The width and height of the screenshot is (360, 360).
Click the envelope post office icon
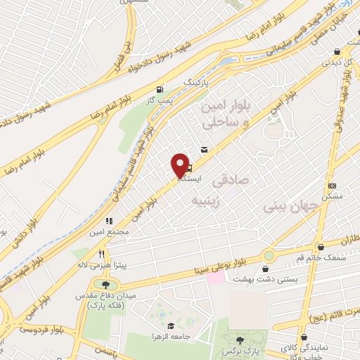204,149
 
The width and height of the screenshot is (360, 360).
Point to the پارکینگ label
197,82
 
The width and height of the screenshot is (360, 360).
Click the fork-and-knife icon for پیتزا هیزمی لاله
101,254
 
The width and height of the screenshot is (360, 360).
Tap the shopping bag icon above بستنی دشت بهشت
265,269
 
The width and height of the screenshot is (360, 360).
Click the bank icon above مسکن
332,186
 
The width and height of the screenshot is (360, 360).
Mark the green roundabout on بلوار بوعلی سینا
269,255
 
